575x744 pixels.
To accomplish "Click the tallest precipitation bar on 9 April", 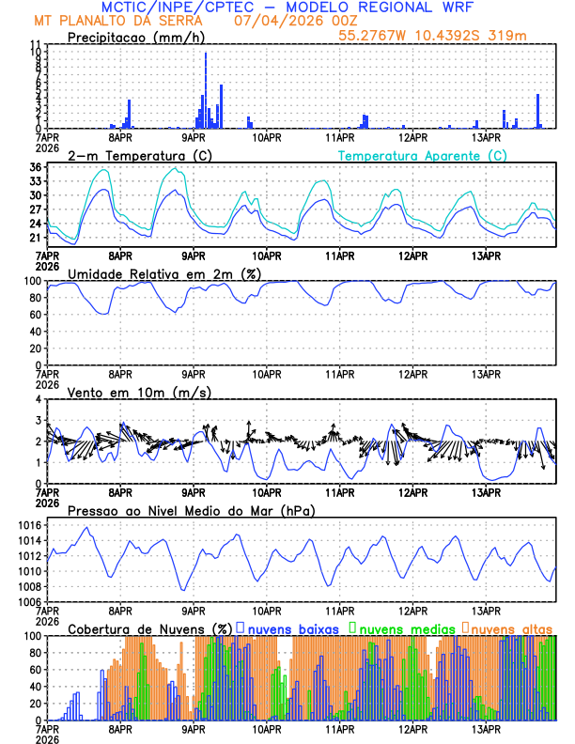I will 206,91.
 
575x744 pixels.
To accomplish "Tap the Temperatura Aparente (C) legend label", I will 422,155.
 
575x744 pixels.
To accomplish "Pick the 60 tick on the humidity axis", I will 36,315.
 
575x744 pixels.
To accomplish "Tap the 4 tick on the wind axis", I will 40,399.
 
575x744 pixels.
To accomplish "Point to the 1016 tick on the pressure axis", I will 28,525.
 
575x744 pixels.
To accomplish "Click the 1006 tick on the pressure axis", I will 28,601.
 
